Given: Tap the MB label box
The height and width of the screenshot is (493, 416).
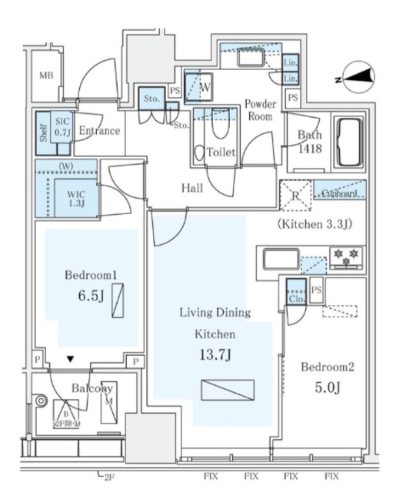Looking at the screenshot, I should [x=46, y=75].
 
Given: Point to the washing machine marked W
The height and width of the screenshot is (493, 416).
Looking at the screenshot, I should [x=203, y=88].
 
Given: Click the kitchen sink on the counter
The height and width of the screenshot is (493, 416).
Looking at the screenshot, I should [x=282, y=259].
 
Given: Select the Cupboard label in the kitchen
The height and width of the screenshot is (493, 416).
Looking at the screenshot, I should [x=339, y=193].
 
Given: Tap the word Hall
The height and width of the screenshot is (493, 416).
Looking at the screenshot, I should [x=191, y=188].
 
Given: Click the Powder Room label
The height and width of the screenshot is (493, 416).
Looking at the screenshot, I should [x=261, y=109].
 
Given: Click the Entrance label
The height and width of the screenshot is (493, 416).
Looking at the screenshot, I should [x=99, y=130].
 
